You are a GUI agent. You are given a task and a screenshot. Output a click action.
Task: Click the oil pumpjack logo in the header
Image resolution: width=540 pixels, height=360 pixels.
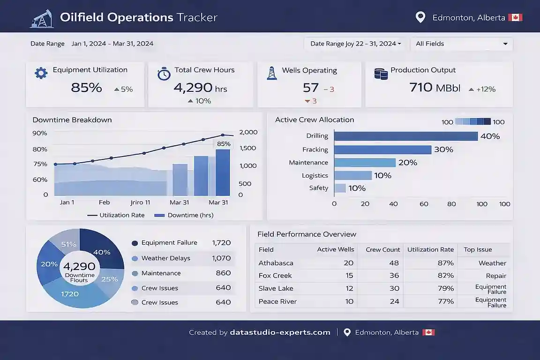coord(42,18)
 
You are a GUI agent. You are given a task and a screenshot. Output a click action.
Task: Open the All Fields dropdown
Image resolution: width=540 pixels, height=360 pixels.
coord(461,44)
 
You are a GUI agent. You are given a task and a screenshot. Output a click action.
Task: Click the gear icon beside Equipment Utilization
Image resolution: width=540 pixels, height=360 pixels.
coord(41,73)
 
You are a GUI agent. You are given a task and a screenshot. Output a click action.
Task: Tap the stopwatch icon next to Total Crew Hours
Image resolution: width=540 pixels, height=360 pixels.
coord(164,73)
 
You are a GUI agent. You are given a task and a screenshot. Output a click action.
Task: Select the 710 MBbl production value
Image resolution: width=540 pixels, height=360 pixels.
coord(435,88)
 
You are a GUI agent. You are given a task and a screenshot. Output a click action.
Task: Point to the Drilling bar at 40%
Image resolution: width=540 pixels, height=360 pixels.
coord(405,136)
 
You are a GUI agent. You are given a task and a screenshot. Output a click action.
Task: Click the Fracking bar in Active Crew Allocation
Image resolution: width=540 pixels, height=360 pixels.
coord(382,150)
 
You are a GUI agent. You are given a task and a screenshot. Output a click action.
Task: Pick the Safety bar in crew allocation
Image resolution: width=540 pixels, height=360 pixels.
coord(340,188)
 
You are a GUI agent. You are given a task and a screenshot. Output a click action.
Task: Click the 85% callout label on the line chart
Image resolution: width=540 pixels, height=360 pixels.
coord(224,144)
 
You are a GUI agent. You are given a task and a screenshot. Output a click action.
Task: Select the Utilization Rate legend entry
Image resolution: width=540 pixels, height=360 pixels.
coord(116,215)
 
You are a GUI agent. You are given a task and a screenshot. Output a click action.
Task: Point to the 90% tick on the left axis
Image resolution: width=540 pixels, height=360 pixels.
coord(40,133)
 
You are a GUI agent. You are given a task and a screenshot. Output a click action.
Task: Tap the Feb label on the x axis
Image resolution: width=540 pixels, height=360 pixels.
coord(104,202)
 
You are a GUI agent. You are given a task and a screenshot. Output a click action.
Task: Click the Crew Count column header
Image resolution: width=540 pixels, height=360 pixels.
coord(382,249)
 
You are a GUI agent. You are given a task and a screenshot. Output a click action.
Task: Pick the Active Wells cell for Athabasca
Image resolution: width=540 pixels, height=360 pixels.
coord(348,263)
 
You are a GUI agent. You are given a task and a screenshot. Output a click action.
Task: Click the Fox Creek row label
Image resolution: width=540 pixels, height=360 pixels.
coord(275,276)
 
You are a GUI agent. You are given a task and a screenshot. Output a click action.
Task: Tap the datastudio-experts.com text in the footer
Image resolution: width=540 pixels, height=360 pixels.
coord(280,332)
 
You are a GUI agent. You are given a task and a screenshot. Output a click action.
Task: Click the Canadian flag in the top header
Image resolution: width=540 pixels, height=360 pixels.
coord(516,18)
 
